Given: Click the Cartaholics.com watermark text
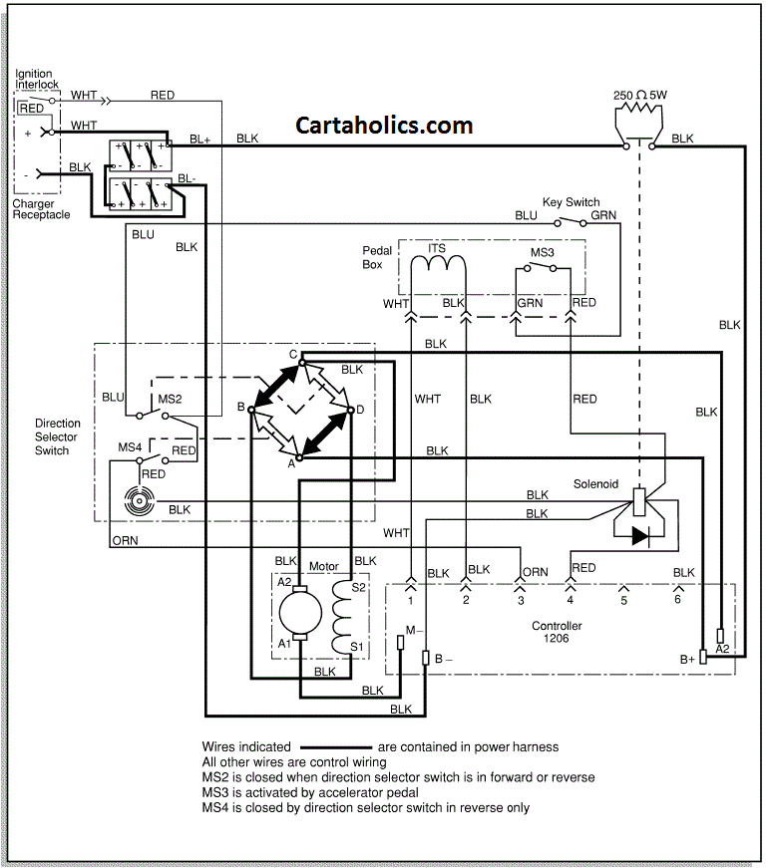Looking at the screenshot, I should coord(384,125).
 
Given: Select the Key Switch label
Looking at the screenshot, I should coord(571,202).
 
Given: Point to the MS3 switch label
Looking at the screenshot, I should coord(542,253).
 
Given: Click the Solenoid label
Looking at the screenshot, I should coord(595,484).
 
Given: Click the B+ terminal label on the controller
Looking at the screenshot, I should coord(687,659).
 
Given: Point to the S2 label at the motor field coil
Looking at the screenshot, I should coord(360,588).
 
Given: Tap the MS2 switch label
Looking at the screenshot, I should coord(170,399).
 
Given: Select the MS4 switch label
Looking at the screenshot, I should coord(131,447).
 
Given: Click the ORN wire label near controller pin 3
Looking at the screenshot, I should coord(536,572).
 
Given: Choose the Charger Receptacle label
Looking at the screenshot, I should coord(41,209).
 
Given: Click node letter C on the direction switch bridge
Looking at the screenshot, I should coord(294,355).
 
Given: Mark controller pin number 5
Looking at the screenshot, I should coord(623,602).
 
